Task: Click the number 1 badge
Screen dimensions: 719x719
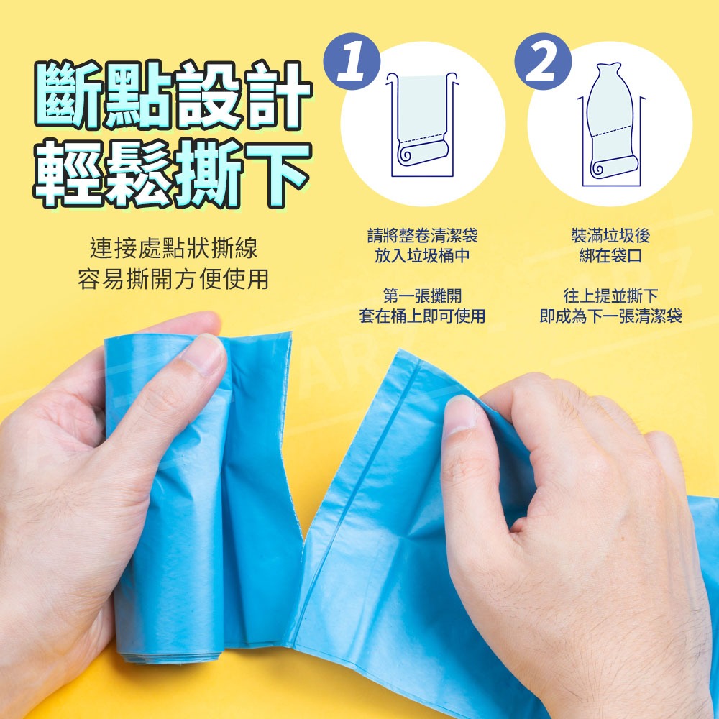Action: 352,61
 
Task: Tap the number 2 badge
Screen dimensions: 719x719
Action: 542,61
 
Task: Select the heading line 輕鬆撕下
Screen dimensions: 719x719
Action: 173,173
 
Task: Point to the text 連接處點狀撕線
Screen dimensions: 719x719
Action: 174,249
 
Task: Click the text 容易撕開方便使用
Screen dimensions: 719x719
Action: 173,279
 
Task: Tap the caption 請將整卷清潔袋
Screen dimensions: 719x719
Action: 422,236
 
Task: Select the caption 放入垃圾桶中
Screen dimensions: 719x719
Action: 422,256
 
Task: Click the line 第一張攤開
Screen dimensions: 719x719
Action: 422,296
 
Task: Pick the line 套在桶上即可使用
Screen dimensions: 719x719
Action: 422,316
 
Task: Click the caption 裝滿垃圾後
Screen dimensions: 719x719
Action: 610,236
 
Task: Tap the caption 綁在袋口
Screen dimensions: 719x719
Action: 610,256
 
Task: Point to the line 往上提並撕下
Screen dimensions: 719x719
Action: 610,296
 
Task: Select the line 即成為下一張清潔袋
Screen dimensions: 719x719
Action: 610,316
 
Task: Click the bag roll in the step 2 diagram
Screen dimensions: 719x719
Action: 613,167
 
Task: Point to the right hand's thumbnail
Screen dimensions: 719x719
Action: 460,415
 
